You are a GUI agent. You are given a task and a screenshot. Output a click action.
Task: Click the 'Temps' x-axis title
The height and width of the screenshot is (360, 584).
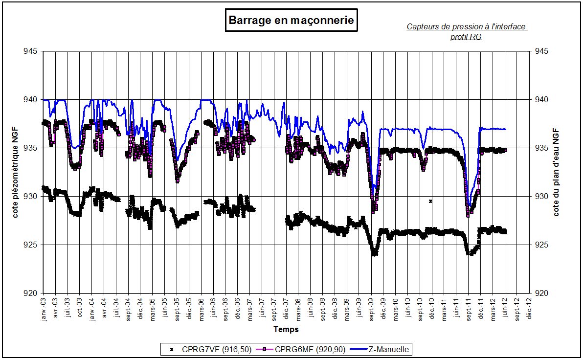coord(286,329)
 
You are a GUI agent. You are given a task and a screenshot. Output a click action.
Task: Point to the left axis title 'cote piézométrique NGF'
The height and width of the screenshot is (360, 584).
coord(15,173)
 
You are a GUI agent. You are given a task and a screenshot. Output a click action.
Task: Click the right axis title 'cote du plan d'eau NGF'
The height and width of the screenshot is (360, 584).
coord(557,172)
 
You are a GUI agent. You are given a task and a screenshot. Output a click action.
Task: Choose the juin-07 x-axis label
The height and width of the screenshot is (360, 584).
coord(262,308)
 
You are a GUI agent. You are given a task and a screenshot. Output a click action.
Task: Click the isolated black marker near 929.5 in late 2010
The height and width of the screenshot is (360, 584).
coord(430,201)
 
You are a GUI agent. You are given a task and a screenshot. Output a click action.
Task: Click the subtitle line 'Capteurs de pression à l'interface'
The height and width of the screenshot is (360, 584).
coord(467,27)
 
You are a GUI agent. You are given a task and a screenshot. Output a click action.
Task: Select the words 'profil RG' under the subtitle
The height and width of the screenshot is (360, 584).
coord(466,37)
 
